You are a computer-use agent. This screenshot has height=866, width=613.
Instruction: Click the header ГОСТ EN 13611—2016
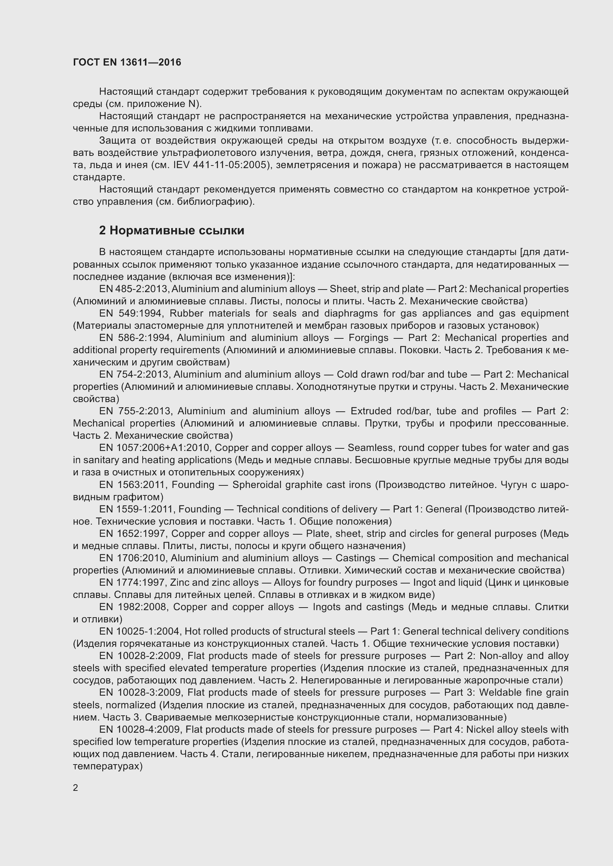click(x=127, y=62)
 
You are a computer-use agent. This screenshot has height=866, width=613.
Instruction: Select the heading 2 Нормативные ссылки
click(x=171, y=230)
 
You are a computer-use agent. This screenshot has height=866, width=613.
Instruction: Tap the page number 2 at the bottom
click(x=76, y=788)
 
